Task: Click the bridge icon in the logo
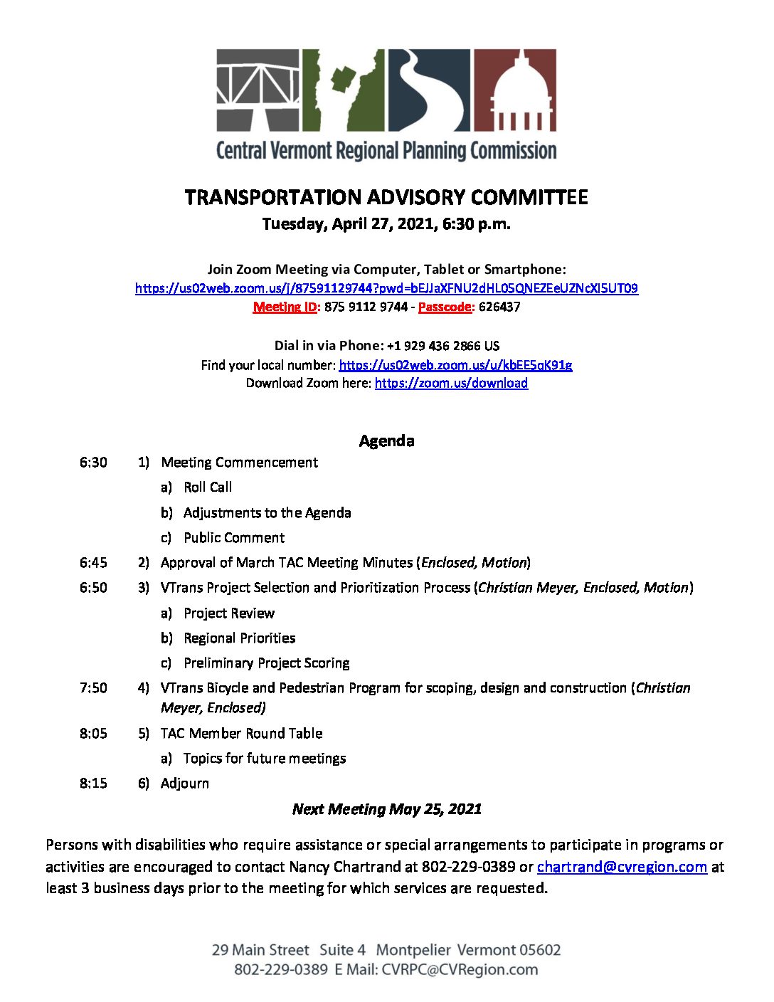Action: (x=258, y=90)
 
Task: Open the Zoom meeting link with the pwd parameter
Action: (x=386, y=288)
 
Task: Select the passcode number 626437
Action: (x=499, y=307)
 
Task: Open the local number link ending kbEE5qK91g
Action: (x=455, y=365)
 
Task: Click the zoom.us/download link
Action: (x=451, y=383)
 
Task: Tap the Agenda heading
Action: (x=386, y=441)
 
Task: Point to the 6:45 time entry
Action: (x=93, y=563)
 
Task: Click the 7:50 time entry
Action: (x=93, y=688)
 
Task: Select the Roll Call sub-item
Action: (x=207, y=487)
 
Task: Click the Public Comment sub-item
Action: (x=233, y=538)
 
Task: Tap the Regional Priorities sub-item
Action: (x=239, y=638)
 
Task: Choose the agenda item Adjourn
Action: (x=185, y=784)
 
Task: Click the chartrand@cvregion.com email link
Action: (x=622, y=867)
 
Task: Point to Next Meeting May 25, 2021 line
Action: (x=386, y=809)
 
